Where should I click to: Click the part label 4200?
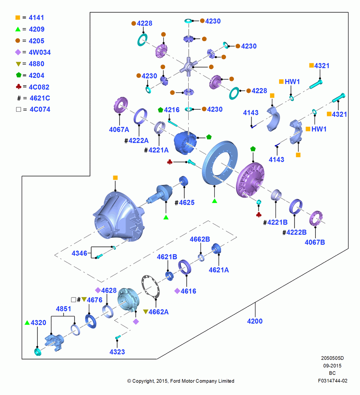[255, 321]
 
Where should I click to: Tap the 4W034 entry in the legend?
[40, 52]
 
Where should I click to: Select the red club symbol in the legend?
[19, 87]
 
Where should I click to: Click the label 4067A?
[119, 130]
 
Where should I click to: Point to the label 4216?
[172, 110]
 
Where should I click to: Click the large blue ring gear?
[220, 162]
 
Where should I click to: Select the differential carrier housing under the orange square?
[119, 215]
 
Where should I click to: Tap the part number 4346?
[79, 253]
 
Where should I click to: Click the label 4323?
[117, 352]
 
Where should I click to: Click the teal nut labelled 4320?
[38, 352]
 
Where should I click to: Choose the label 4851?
[64, 308]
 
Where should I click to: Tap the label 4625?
[187, 203]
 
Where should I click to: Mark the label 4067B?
[315, 243]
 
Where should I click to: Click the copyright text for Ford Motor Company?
[181, 381]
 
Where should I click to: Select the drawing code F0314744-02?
[332, 381]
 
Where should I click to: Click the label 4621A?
[219, 270]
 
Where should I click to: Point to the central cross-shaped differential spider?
[188, 66]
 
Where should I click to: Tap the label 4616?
[188, 291]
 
